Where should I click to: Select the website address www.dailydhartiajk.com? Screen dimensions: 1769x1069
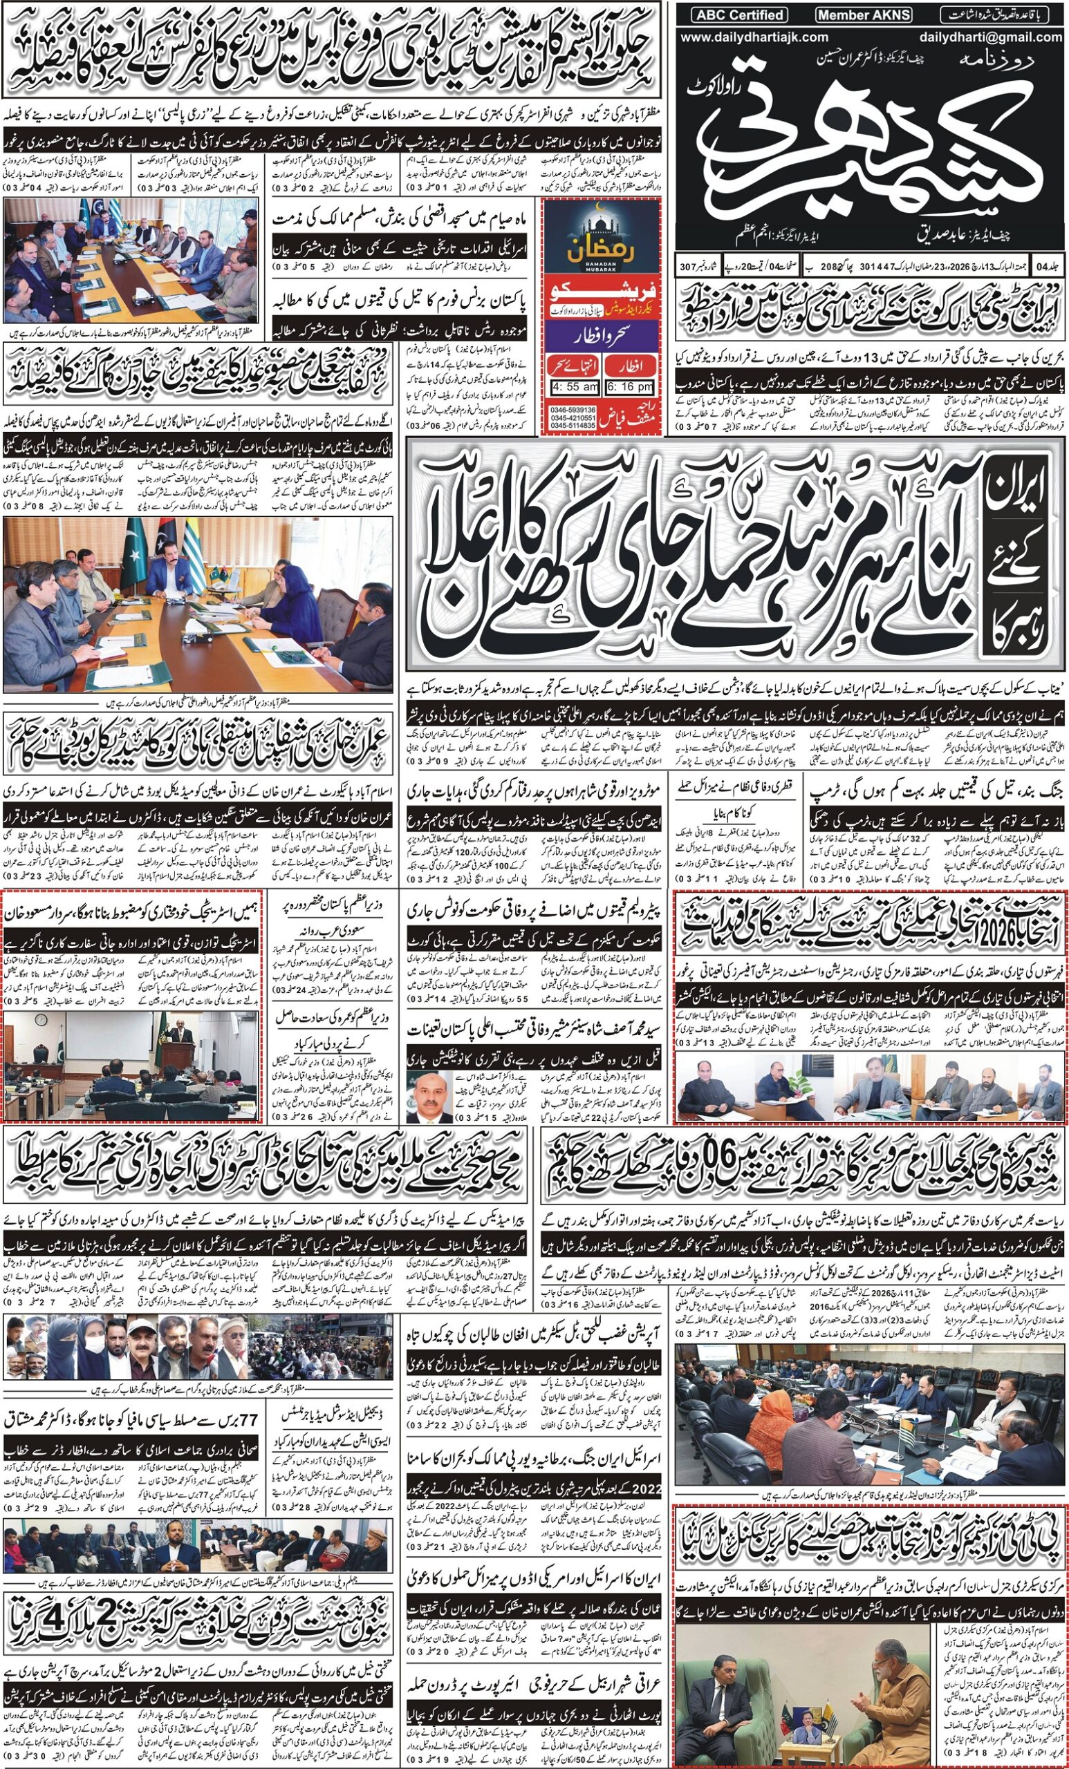tap(754, 37)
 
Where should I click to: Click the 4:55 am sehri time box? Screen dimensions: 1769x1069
tap(575, 388)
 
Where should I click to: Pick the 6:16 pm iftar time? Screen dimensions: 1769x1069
tap(630, 388)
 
